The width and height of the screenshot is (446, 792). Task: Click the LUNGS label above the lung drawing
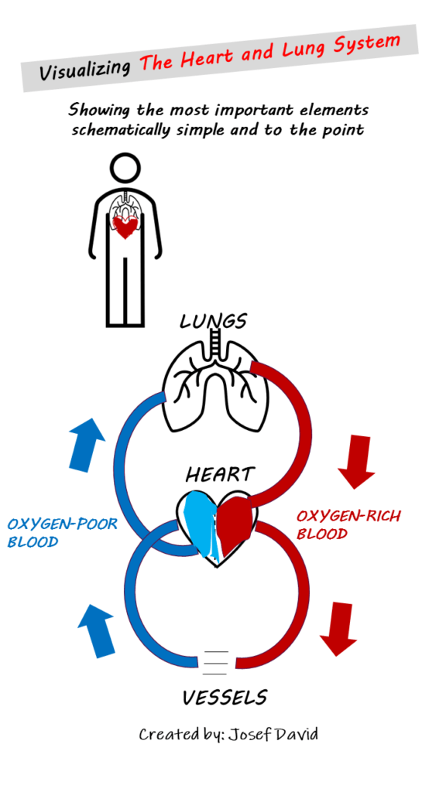coord(213,320)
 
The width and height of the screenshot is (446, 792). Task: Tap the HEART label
coord(220,473)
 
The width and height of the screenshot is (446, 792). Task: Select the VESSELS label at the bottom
coord(225,698)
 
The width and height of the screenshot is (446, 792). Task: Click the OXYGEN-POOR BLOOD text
coord(62,533)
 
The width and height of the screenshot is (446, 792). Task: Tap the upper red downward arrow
coord(356,462)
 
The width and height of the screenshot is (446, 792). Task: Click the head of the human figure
coord(125,169)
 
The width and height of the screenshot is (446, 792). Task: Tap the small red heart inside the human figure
coord(125,227)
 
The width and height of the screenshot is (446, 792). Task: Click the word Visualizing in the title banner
coord(85,69)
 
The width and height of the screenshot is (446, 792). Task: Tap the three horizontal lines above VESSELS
coord(216,662)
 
